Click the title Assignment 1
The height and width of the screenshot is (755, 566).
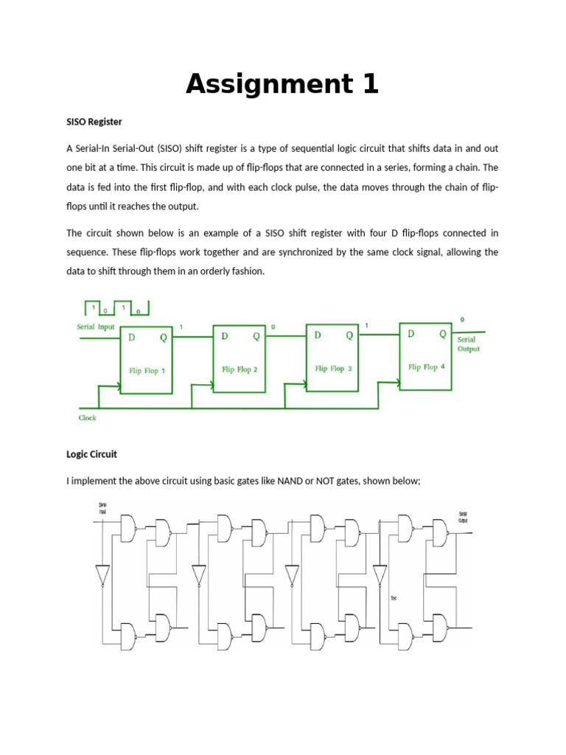[282, 85]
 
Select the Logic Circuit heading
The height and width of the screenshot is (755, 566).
[91, 454]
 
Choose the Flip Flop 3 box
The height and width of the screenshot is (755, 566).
[332, 358]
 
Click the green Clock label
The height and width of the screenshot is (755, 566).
[87, 418]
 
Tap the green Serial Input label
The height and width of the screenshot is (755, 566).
[96, 327]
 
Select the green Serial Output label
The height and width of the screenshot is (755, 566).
[468, 344]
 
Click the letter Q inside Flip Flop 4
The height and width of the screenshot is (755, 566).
[443, 333]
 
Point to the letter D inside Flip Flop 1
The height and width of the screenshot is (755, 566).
[132, 338]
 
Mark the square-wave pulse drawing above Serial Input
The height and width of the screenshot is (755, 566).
[117, 308]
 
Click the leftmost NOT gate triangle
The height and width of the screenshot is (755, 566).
[102, 574]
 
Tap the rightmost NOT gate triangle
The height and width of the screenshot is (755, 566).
[380, 574]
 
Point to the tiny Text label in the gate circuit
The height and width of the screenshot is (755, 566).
[394, 597]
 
